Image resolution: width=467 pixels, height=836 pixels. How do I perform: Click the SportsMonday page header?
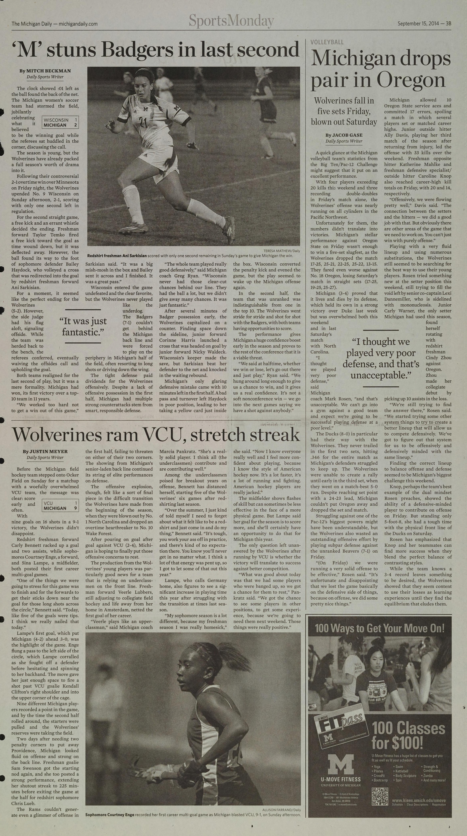231,22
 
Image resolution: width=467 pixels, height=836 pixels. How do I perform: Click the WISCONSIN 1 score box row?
60,120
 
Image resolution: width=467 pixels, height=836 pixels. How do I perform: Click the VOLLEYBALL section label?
327,42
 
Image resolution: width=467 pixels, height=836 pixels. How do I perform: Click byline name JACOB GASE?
344,135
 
